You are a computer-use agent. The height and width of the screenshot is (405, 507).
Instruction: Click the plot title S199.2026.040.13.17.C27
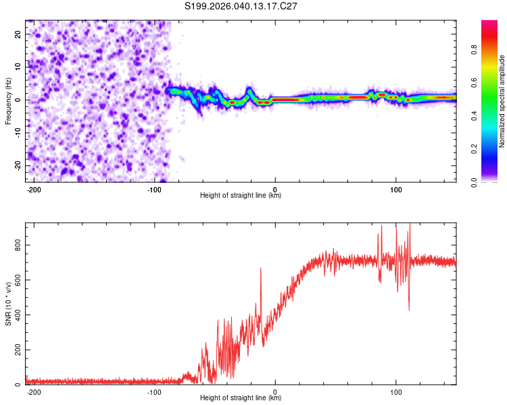coord(241,6)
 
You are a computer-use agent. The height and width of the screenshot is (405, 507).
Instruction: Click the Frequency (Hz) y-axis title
coord(8,101)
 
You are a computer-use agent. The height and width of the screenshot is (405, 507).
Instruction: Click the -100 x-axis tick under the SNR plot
coord(154,392)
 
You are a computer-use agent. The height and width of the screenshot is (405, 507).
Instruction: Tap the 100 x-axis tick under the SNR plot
coord(396,392)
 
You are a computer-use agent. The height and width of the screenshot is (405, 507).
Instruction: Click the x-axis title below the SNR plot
coord(241,399)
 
